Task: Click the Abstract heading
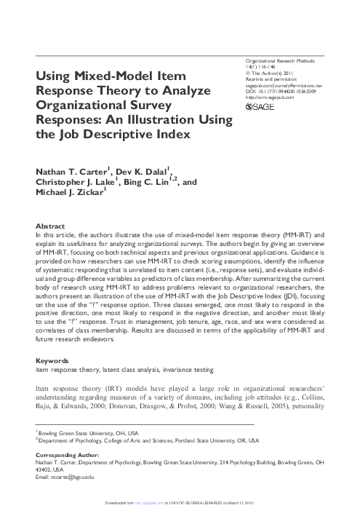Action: (50, 227)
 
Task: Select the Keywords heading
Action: (53, 360)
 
